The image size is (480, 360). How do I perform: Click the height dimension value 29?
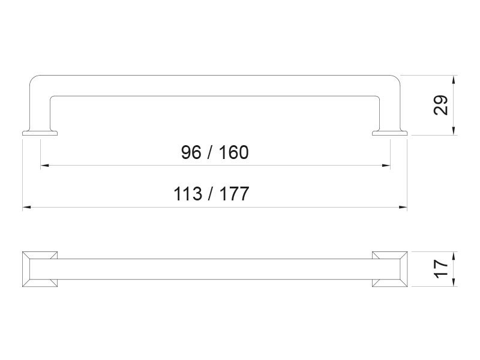[x=441, y=105]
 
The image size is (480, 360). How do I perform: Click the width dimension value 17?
[x=441, y=269]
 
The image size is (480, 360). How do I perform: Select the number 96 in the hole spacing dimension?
[x=191, y=152]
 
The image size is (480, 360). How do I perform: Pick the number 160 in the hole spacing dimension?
[x=233, y=152]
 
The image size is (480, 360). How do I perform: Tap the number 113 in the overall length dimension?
[x=188, y=194]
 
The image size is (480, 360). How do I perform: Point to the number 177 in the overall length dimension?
[x=234, y=194]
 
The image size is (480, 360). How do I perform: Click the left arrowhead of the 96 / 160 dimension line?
[x=44, y=166]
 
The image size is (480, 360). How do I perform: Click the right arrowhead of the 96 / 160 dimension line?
[x=386, y=166]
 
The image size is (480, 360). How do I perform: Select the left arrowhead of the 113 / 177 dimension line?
[x=26, y=207]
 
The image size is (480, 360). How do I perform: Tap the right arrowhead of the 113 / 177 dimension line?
[x=403, y=207]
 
